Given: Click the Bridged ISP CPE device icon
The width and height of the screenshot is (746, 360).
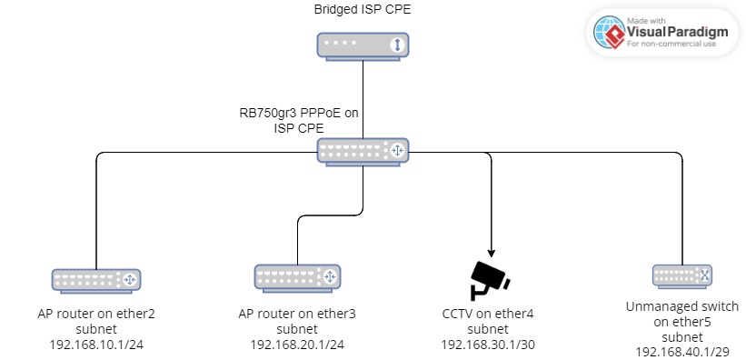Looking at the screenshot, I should click(x=363, y=45).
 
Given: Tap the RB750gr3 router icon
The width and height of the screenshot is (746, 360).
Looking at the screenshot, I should click(x=363, y=150).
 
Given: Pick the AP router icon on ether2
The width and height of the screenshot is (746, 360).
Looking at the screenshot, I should click(x=95, y=279).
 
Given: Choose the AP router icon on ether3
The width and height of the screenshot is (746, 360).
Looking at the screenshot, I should click(x=297, y=275).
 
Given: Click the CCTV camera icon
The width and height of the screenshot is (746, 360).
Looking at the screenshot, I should click(x=492, y=280).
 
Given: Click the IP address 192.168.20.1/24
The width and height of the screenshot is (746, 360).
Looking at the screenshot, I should click(x=297, y=344).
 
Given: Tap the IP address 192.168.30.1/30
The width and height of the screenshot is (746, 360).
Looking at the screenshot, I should click(x=492, y=344).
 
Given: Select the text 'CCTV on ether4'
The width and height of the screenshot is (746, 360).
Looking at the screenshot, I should click(x=492, y=314).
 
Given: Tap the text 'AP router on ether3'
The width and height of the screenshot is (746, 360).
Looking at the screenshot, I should click(x=297, y=314).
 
